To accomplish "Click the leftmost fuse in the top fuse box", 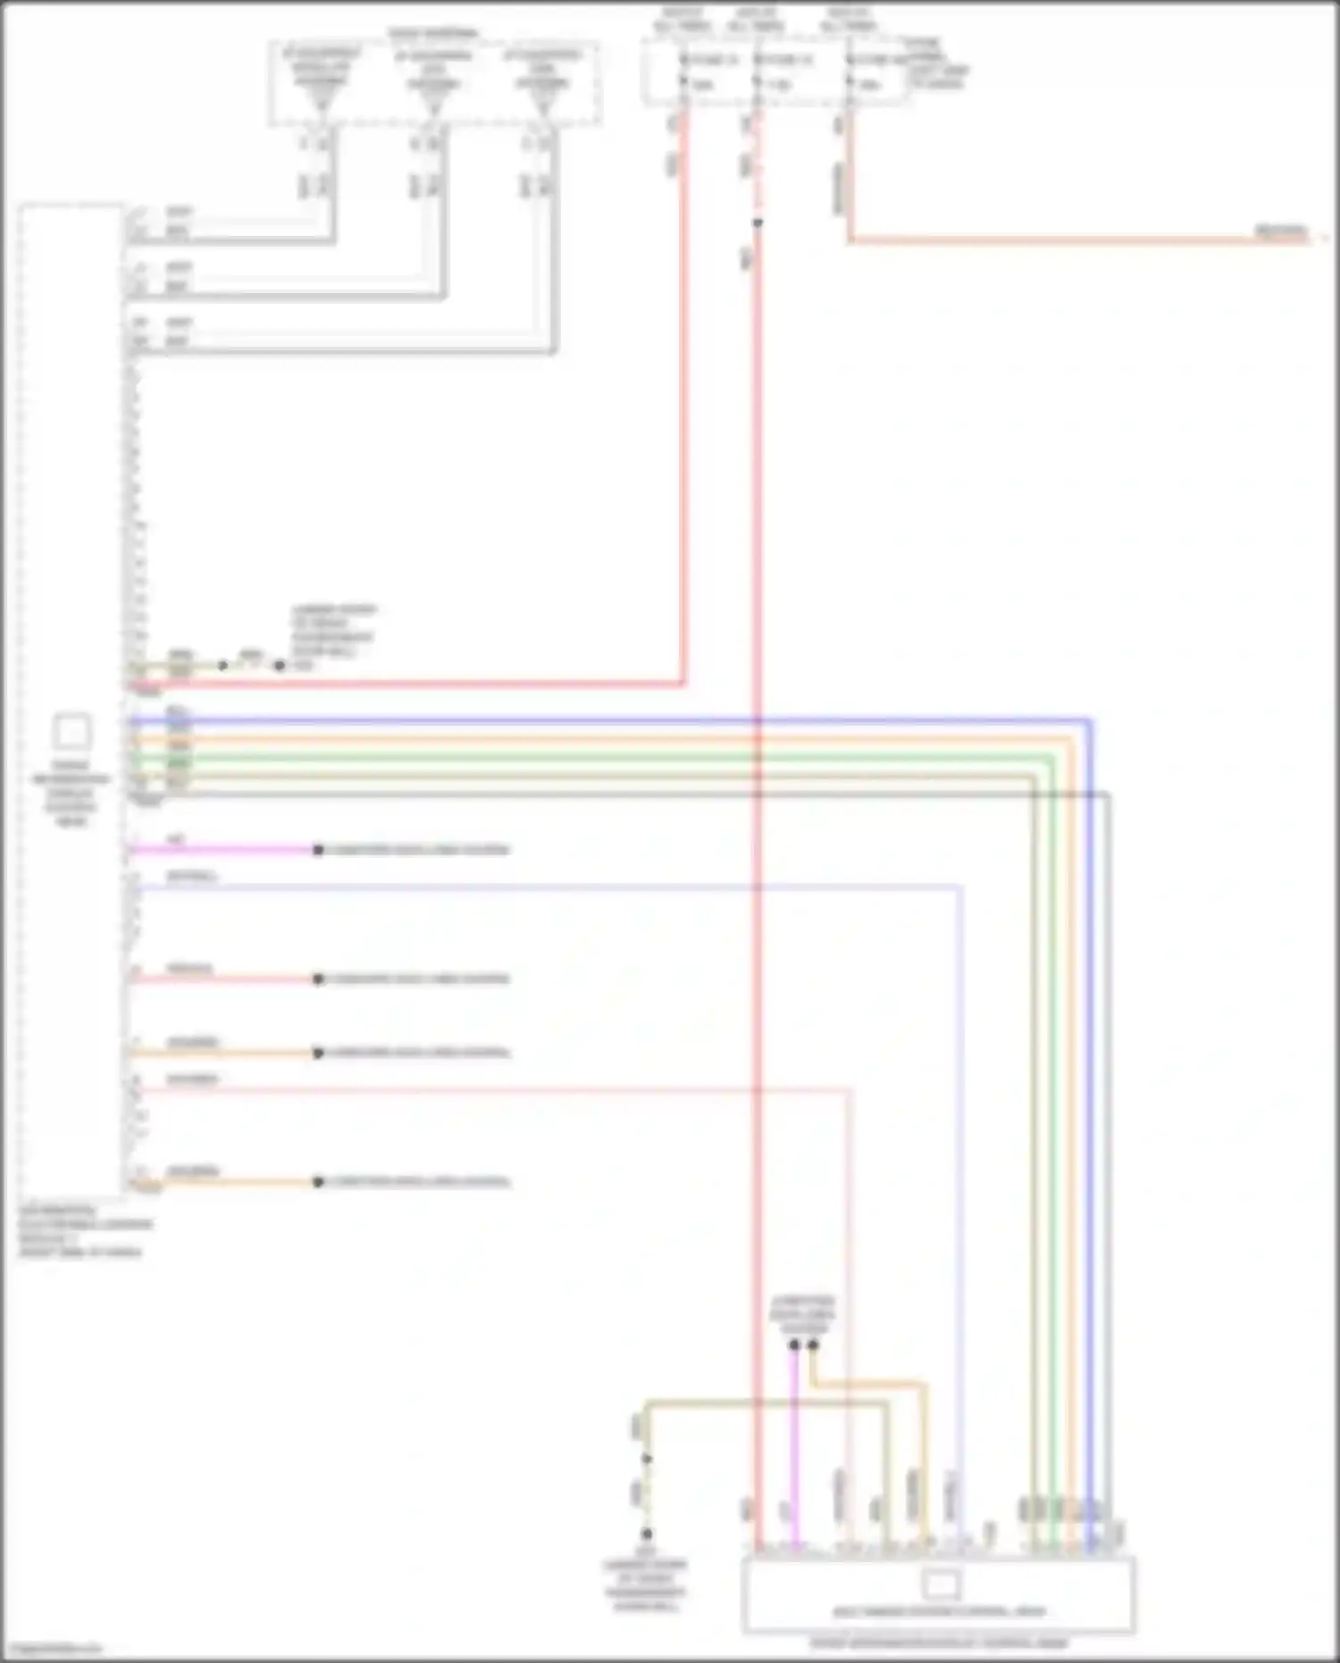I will [x=684, y=71].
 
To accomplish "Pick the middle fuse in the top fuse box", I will [x=758, y=71].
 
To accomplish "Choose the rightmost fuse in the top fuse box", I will [x=850, y=71].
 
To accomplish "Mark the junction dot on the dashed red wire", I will [x=758, y=223].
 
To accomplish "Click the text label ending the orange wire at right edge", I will [x=1281, y=231].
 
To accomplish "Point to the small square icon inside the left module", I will [x=71, y=732].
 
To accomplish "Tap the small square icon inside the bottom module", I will [x=940, y=1585].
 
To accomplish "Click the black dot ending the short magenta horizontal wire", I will [x=318, y=850].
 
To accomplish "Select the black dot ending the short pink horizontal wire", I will [x=318, y=978].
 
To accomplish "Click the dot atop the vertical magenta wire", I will [x=794, y=1344].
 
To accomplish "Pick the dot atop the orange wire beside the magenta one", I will [x=813, y=1344].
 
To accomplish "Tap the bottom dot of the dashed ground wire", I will [x=647, y=1534].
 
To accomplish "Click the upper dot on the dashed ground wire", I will [x=647, y=1459].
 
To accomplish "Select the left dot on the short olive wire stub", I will [x=222, y=666].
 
